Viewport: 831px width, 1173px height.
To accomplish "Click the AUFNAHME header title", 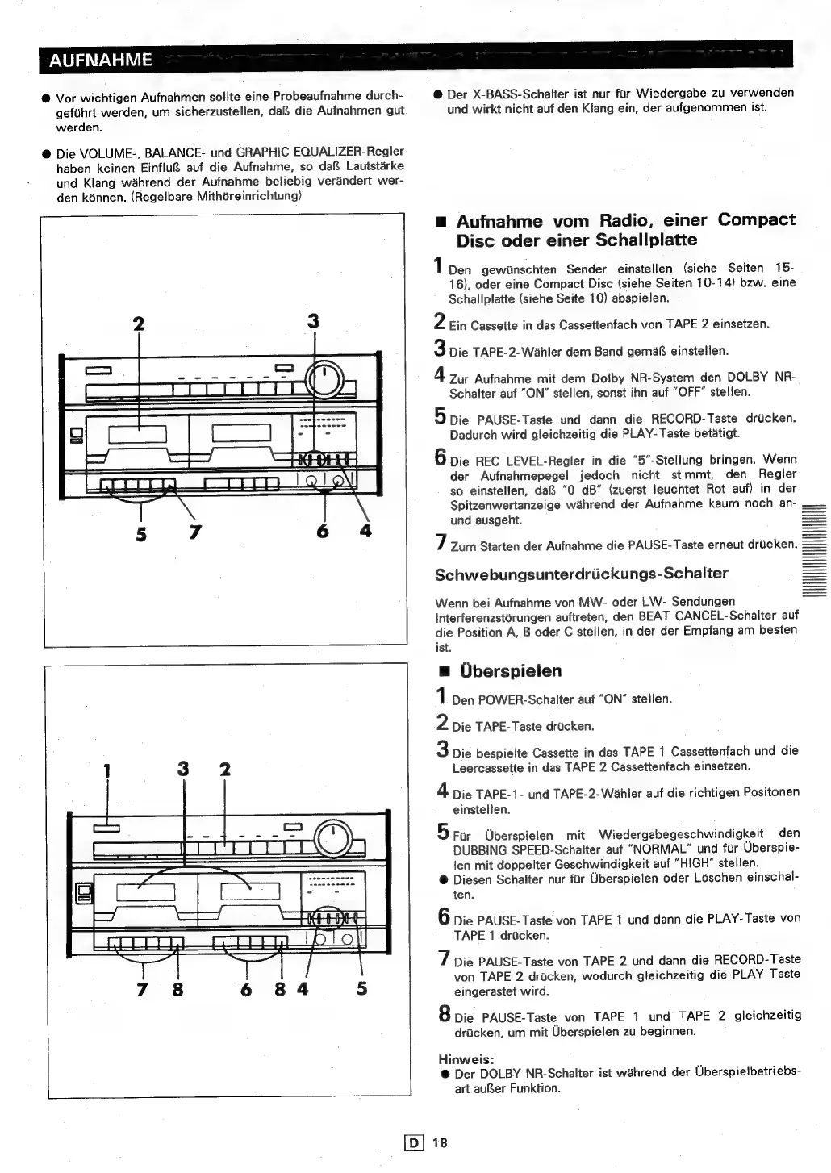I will coord(99,60).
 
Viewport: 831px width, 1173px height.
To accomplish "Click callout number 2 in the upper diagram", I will coord(139,324).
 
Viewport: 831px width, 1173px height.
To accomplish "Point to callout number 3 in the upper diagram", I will coord(313,322).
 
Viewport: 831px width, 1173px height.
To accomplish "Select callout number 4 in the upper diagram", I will coord(365,531).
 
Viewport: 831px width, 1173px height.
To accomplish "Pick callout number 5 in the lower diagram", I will coord(361,987).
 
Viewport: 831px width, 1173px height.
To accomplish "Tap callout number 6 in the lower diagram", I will coord(247,987).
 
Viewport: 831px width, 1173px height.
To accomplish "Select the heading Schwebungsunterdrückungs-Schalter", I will coord(581,574).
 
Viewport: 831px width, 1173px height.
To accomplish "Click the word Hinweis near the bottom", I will coord(466,1058).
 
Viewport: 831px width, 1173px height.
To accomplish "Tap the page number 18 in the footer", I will coord(439,1142).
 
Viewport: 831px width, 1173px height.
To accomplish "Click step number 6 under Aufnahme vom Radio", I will coord(441,457).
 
